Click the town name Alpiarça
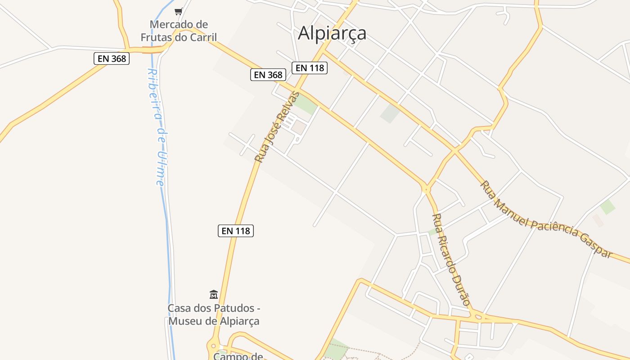332,33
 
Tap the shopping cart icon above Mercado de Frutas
179,11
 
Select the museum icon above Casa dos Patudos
214,295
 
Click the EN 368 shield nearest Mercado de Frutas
112,58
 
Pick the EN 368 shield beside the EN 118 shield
268,75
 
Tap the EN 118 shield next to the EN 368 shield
309,68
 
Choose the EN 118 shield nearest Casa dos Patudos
236,231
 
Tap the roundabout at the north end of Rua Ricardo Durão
426,189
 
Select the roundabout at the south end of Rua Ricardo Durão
477,316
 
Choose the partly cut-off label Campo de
238,356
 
